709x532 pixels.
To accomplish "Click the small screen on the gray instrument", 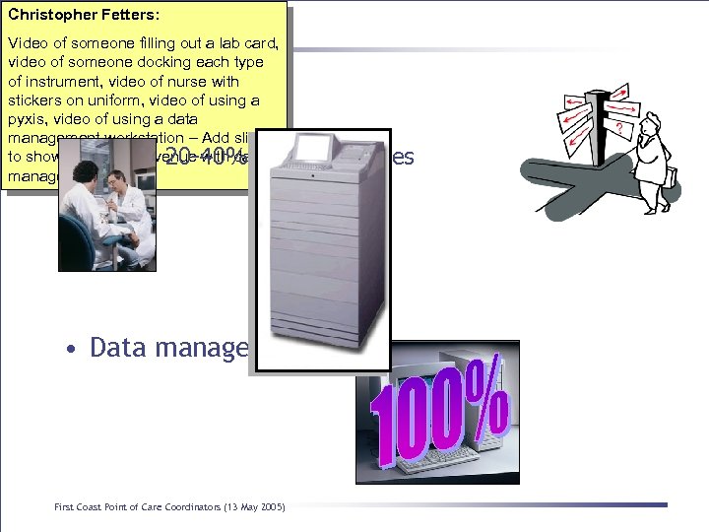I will pos(312,148).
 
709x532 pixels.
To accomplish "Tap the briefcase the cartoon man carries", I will pos(670,176).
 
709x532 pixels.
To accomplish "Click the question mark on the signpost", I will pos(618,129).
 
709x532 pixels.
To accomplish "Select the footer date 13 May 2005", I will pos(251,507).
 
